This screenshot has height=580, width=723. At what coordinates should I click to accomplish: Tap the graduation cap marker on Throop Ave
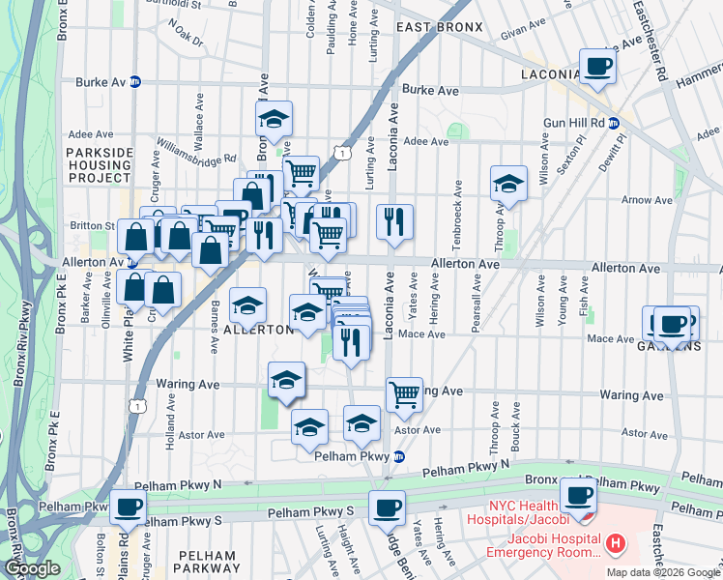(x=508, y=183)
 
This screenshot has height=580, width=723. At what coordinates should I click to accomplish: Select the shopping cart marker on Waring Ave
(x=404, y=393)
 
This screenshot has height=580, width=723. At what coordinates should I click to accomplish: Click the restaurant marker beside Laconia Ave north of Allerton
(x=394, y=221)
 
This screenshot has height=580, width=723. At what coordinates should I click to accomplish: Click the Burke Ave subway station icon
(x=136, y=82)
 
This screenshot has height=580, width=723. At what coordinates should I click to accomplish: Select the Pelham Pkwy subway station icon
(x=397, y=456)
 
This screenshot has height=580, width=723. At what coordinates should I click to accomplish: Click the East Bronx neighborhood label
(x=439, y=27)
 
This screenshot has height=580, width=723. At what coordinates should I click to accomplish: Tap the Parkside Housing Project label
(x=100, y=165)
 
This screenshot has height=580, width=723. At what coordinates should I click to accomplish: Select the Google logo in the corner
(x=32, y=568)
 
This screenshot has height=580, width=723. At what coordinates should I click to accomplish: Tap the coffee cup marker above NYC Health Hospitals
(x=579, y=496)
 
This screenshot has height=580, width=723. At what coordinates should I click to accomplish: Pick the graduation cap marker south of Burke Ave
(x=274, y=120)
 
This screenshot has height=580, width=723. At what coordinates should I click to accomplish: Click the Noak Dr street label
(x=185, y=41)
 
